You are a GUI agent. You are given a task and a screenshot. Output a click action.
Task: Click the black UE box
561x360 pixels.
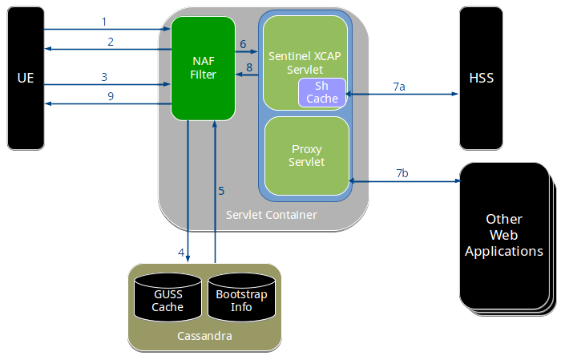pos(25,79)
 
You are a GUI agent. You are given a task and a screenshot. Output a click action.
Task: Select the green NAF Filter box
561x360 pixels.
pos(203,68)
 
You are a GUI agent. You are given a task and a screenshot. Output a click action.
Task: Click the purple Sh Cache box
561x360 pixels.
pos(321,92)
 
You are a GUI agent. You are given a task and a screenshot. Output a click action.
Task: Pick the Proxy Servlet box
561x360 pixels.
pos(307,156)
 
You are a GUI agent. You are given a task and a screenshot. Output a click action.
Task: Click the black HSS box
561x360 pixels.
pos(481,79)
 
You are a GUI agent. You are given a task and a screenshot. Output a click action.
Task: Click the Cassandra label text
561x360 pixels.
pos(204,336)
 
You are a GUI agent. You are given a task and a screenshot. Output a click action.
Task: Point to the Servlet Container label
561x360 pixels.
pos(271,215)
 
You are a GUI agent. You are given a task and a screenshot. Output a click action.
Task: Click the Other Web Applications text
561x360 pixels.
pos(504,235)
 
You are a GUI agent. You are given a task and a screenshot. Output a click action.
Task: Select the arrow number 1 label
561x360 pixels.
pos(103,20)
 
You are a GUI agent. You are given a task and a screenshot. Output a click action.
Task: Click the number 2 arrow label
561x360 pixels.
pos(111,41)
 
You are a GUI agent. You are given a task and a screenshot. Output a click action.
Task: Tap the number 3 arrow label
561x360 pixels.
pos(104,76)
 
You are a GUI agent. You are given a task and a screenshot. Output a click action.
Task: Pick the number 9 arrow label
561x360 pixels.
pos(111,96)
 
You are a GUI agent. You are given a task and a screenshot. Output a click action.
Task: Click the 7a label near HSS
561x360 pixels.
pos(399,86)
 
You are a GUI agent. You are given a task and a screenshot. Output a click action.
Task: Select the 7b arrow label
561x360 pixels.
pos(402,173)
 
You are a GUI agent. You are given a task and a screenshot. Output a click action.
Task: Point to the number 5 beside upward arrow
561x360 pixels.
pos(221,191)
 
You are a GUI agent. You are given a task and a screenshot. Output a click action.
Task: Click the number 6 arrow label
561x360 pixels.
pos(243,44)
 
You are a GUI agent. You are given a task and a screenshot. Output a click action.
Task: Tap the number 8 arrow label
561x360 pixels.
pos(249,67)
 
